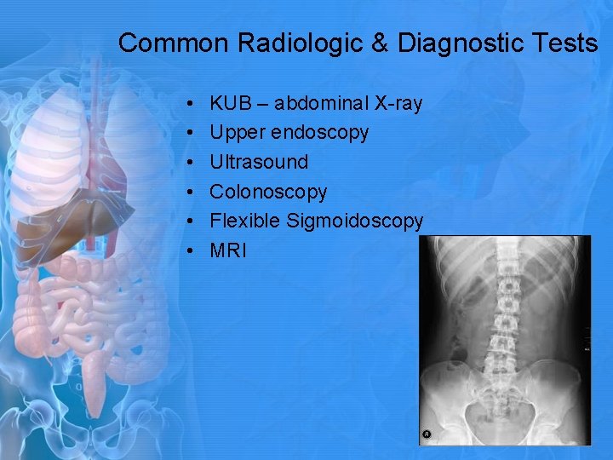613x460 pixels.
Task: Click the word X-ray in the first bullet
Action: click(x=397, y=104)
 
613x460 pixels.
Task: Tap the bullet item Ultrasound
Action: click(x=259, y=162)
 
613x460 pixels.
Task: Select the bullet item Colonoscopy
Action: click(x=268, y=192)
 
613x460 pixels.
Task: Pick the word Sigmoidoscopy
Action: click(x=355, y=221)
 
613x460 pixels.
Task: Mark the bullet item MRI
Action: click(x=228, y=250)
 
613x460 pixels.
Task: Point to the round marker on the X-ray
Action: click(x=427, y=434)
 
